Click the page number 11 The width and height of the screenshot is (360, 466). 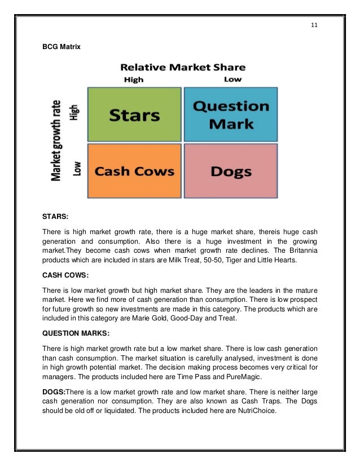coord(314,24)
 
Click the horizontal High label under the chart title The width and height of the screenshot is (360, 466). coord(134,80)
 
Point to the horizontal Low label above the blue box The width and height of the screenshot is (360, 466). coord(232,80)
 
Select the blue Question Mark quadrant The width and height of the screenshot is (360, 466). coord(231,115)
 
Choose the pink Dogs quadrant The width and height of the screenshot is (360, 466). coord(231,171)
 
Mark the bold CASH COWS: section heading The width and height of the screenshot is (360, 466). coord(68,276)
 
